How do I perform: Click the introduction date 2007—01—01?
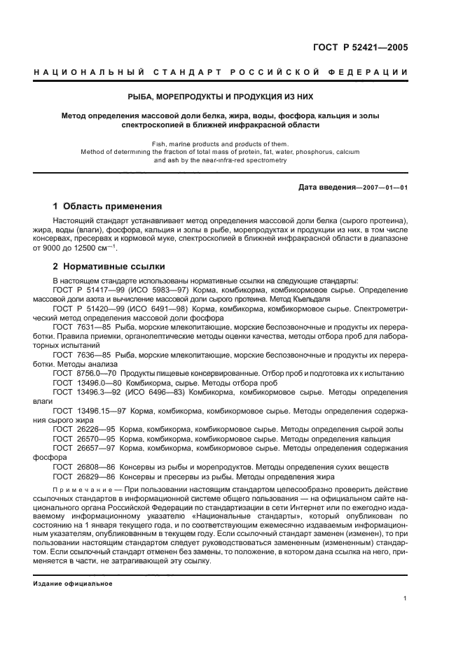383,187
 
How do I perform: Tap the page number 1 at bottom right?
406,598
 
